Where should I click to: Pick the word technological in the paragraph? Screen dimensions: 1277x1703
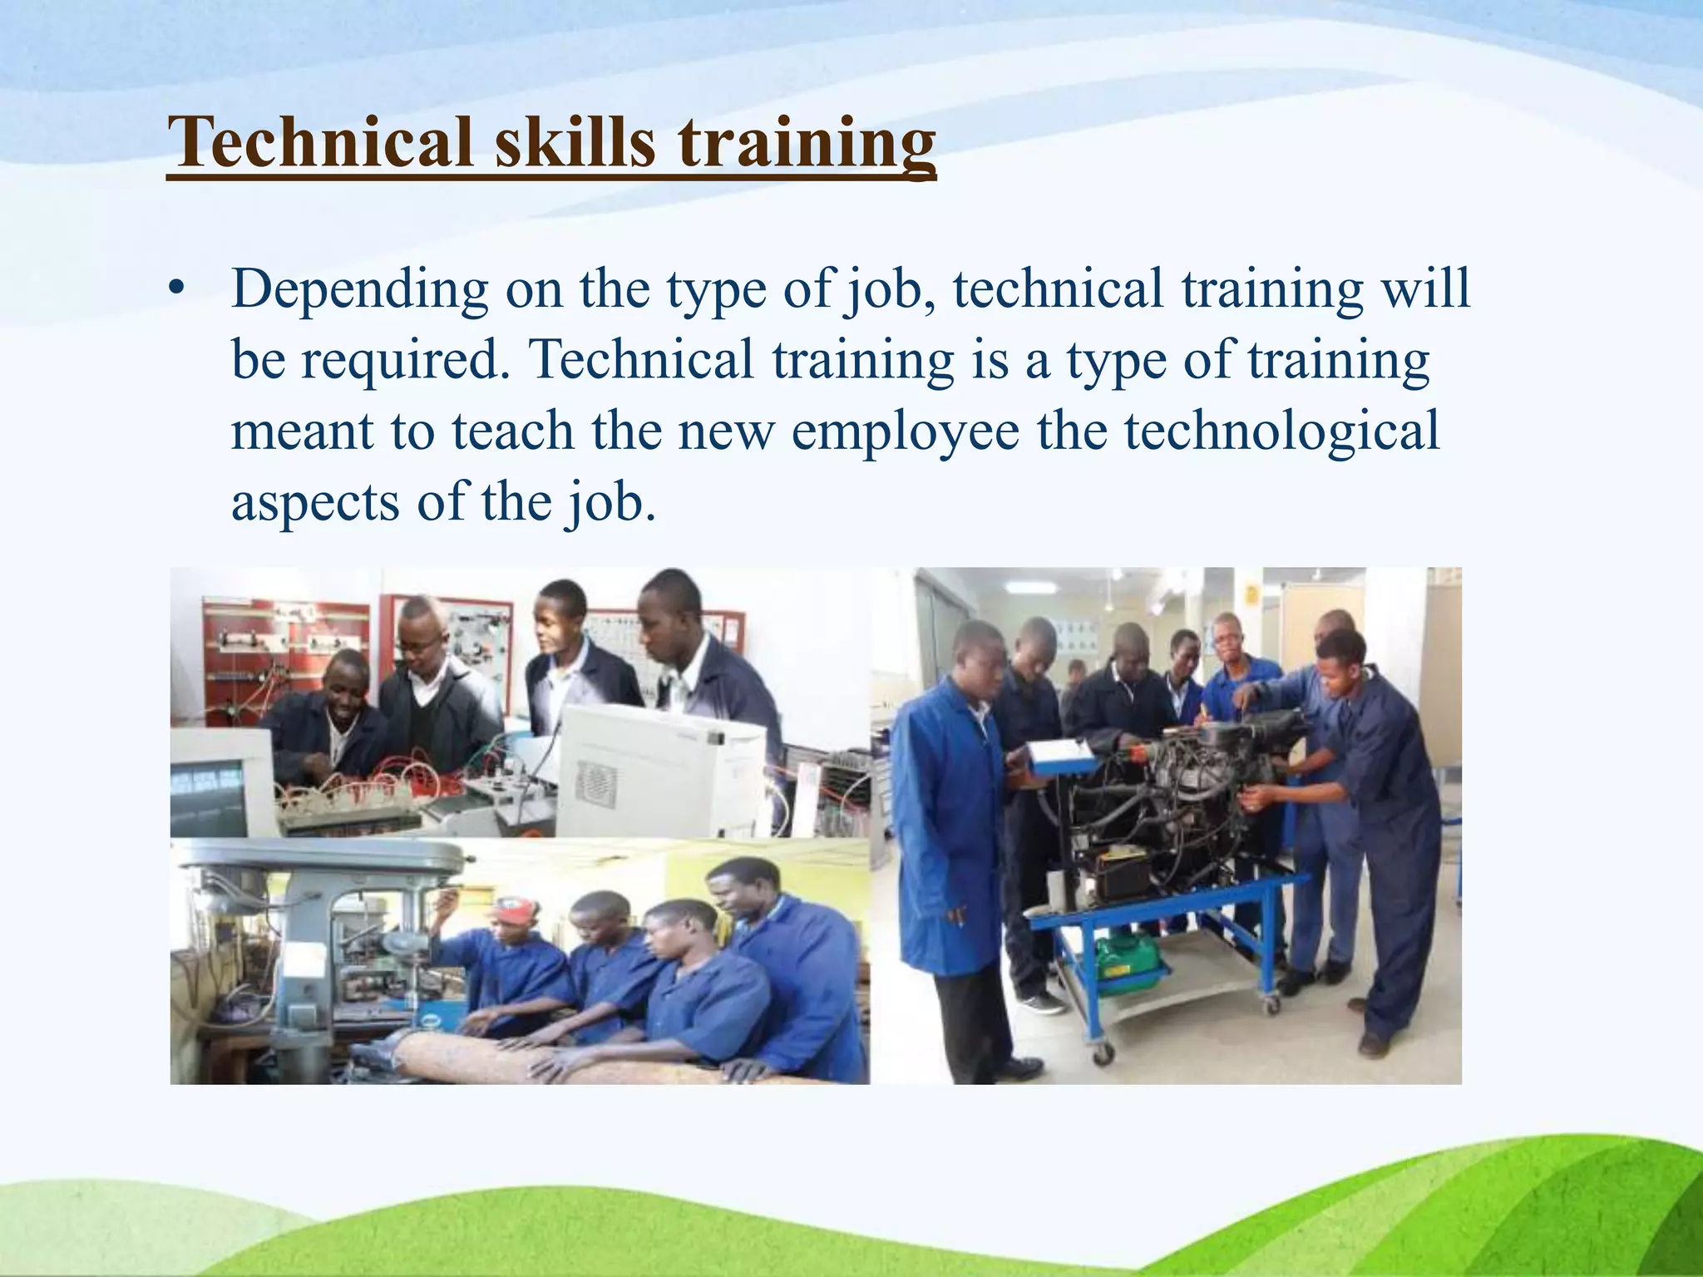coord(1281,431)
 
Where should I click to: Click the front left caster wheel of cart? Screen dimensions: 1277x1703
coord(1104,1053)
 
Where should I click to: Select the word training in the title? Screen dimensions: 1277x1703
coord(807,142)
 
